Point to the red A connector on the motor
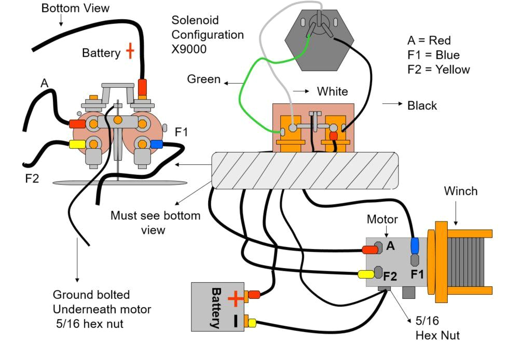pos(369,250)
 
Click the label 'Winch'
pos(460,191)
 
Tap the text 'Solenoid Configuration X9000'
pos(208,35)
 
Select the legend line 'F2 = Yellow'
pos(439,70)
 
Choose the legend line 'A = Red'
pos(429,40)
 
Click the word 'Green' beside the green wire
pos(203,79)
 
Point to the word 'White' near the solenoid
pos(333,91)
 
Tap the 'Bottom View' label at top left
pos(76,8)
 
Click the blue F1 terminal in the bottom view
pos(156,144)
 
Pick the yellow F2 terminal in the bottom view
pos(77,144)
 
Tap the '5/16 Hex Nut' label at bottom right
pos(437,328)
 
